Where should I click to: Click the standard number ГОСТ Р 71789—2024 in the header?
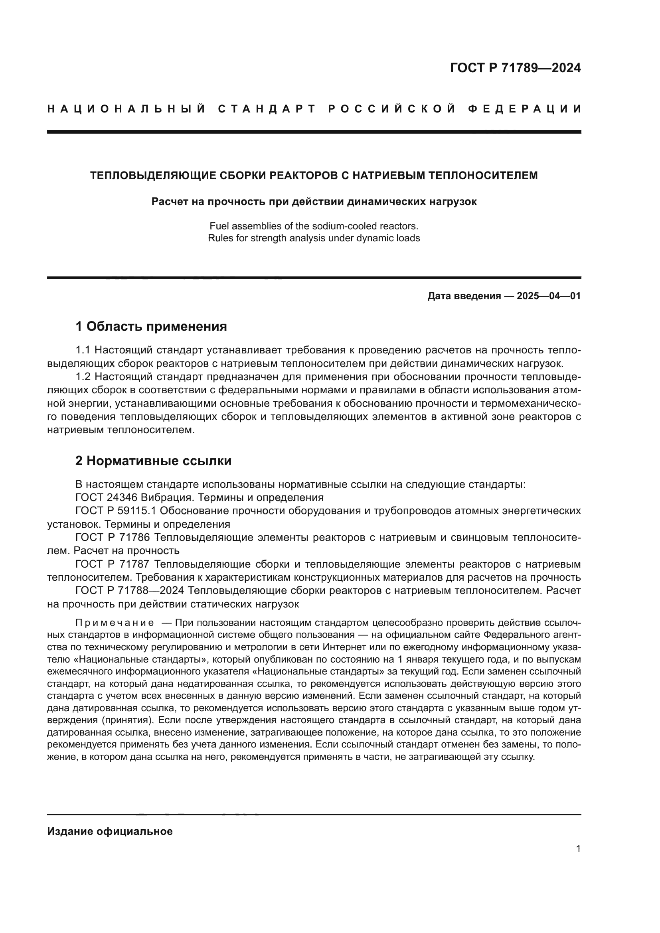pos(515,68)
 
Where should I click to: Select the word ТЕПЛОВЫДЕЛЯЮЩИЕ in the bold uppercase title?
pos(153,176)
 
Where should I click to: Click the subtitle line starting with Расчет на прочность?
pos(314,201)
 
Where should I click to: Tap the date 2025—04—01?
pos(549,296)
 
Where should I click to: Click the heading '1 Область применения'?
pos(151,326)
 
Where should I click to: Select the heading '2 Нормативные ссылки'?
pos(154,461)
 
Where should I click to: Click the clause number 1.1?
pos(84,350)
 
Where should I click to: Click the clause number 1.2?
pos(84,377)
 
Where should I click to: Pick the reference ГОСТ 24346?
pos(107,498)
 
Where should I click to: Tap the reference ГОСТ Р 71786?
pos(113,538)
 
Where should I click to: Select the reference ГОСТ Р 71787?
pos(113,564)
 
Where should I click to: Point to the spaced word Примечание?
pos(115,623)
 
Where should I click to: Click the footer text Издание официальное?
pos(110,831)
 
